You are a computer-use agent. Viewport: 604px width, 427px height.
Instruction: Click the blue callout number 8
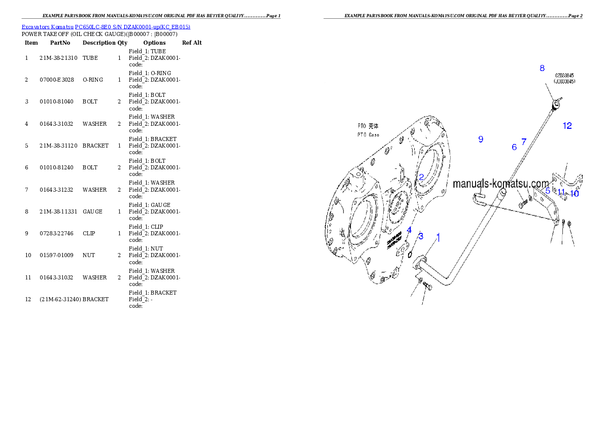coord(542,68)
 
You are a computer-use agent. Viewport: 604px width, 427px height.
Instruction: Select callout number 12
coord(567,126)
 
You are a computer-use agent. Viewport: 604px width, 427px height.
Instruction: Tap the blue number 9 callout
coord(481,139)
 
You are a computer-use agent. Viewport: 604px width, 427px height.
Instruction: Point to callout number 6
coord(514,147)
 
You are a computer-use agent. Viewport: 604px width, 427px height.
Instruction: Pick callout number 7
coord(524,142)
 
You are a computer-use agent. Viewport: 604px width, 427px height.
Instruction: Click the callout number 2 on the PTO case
coord(421,177)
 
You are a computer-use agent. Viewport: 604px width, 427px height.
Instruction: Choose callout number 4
coord(409,230)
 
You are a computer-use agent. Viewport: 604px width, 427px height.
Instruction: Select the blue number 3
coord(421,236)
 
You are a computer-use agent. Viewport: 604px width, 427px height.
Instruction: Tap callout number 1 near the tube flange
coord(439,237)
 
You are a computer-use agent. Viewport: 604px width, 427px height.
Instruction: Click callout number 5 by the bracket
coord(548,191)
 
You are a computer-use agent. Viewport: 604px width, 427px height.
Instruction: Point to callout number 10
coord(574,193)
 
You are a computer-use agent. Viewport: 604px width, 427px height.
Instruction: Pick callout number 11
coord(561,192)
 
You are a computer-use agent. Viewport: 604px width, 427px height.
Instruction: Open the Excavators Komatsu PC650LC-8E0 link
coord(106,27)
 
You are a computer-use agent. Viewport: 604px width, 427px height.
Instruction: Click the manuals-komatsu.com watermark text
coord(500,184)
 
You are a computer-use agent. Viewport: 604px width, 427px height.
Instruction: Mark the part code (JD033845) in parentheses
coord(564,81)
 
